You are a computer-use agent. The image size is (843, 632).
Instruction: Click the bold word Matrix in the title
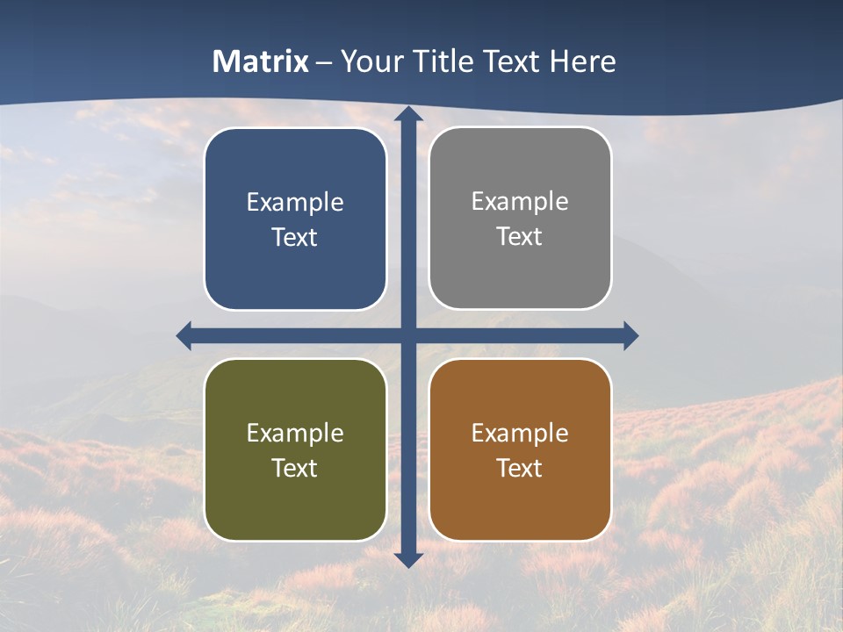point(261,61)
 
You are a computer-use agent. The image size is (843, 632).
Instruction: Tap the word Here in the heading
point(582,61)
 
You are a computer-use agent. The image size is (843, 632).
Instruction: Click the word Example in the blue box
point(295,203)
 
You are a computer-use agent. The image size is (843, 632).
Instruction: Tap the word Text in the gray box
point(520,237)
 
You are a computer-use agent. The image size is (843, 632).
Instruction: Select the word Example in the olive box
point(295,434)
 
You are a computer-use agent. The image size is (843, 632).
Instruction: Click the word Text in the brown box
point(520,469)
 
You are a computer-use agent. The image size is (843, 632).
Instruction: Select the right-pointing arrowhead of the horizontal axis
point(630,336)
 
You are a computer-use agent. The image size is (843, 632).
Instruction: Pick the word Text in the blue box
point(295,238)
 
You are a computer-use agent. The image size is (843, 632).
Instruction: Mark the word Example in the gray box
point(520,202)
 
